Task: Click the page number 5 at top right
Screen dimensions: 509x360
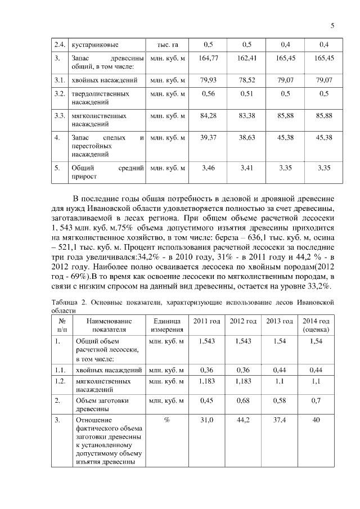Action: point(332,26)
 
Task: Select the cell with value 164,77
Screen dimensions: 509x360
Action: point(209,58)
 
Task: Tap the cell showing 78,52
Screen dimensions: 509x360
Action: point(247,79)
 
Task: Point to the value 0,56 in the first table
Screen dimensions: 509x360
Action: point(209,93)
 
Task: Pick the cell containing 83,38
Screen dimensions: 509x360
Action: point(247,115)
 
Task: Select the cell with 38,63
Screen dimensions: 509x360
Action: point(247,137)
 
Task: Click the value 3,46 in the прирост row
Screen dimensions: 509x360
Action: point(209,167)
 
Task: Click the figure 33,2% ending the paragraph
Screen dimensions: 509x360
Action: point(317,287)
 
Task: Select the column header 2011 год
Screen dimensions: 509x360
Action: point(206,321)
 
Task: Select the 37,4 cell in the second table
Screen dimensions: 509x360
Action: point(280,420)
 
